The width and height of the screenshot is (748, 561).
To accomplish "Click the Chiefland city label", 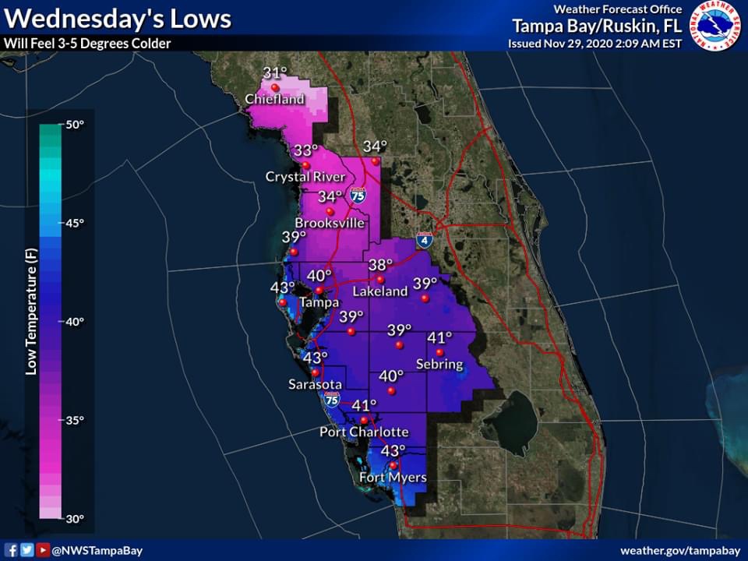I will pos(274,100).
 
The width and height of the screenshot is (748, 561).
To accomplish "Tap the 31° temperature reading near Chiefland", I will pos(273,74).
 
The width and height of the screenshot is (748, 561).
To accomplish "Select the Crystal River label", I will pos(305,177).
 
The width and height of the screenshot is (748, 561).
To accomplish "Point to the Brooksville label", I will pos(330,223).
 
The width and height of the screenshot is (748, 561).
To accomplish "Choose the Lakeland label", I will pos(380,291).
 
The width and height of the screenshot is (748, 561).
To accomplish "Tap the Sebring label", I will pos(439,365).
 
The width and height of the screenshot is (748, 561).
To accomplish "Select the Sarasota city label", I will pos(315,384).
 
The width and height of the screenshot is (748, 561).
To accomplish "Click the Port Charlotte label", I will pos(364,432).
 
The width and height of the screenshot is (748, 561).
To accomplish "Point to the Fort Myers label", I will pos(393,477).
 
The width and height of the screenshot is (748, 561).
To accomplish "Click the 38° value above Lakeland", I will pos(381,265).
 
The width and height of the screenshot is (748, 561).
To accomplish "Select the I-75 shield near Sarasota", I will pos(332,400).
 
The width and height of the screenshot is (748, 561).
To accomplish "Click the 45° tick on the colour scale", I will pos(74,223).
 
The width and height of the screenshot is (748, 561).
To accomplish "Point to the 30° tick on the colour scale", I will pos(74,518).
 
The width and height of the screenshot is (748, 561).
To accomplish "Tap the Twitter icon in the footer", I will pos(27,550).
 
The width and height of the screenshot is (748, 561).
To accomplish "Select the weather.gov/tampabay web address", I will pos(679,550).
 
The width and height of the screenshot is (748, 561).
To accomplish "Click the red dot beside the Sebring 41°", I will pos(439,352).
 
